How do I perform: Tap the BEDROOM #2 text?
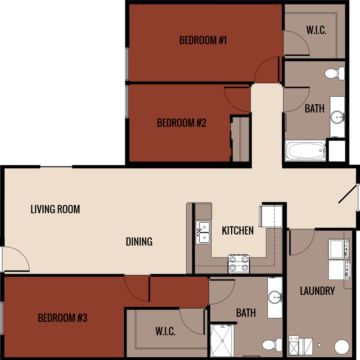[x=181, y=123]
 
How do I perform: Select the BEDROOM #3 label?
[x=62, y=318]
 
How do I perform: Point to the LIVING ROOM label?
[x=55, y=209]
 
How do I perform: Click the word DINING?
[x=139, y=242]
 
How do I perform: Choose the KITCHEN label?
[x=238, y=230]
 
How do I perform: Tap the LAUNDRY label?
[x=317, y=291]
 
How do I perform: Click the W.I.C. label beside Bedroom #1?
[x=316, y=31]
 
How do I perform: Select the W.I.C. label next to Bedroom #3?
[x=165, y=332]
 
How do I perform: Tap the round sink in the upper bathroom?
[x=337, y=117]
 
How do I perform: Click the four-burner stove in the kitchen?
[x=238, y=264]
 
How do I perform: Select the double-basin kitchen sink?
[x=203, y=232]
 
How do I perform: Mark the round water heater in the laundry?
[x=342, y=347]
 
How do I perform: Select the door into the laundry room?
[x=301, y=242]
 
